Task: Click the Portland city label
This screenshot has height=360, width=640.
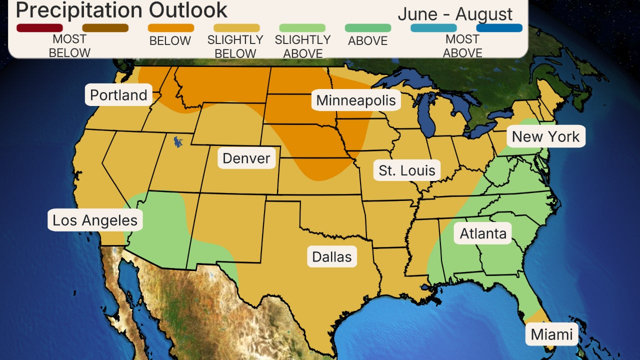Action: tap(118, 95)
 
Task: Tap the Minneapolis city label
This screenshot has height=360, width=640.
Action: tap(356, 100)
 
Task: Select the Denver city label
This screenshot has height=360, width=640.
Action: tap(246, 158)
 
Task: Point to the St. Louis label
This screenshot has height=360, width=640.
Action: tap(407, 170)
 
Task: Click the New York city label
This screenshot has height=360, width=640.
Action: tap(545, 136)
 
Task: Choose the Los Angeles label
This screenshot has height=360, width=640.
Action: tap(95, 220)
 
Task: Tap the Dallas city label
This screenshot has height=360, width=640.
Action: tap(332, 257)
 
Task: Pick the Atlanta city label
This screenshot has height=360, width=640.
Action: tap(483, 233)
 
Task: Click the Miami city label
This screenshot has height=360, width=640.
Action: tap(551, 334)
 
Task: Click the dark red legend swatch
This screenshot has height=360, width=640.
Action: tap(40, 28)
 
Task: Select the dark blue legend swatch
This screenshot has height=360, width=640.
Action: tap(499, 28)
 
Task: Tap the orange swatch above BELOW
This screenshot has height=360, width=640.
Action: tap(170, 28)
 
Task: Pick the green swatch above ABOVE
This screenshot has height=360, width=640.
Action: tap(367, 28)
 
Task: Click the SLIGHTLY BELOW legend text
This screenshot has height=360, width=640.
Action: tap(235, 46)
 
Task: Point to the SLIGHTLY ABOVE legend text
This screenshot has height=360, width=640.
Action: tap(302, 46)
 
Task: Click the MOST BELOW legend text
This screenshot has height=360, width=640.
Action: tap(69, 46)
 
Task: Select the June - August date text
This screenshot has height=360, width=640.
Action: tap(455, 14)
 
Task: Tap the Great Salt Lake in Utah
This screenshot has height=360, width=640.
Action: tap(177, 142)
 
